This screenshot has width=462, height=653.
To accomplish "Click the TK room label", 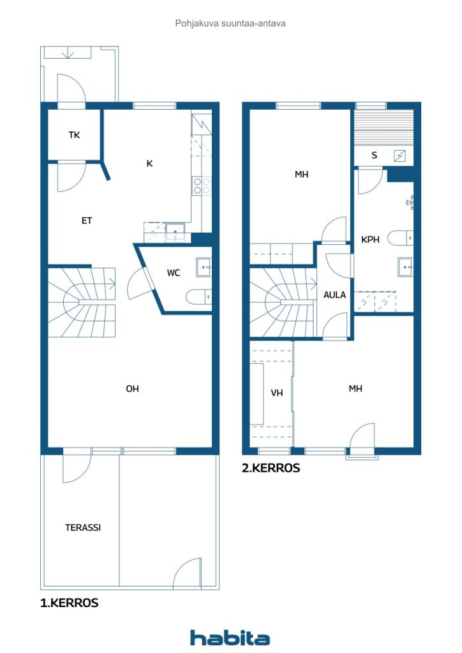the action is coord(74,135).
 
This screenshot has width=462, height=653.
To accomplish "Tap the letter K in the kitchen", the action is coord(149,163).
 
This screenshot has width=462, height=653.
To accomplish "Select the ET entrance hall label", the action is coord(87,221).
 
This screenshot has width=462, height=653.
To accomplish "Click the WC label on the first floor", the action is coord(174,273).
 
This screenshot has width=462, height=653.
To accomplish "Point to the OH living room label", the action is coord(132,388).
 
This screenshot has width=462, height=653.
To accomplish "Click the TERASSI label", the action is coord(83,527).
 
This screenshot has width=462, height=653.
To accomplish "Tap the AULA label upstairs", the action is coord(334,295).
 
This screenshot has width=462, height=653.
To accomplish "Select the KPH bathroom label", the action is coord(370,240).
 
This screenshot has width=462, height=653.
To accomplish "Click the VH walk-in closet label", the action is coord(276,393).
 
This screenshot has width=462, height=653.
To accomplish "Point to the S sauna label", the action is coord(374,156).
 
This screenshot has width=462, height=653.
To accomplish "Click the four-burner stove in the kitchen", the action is coord(201,186).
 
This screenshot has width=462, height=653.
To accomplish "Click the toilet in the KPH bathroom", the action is coord(400,238).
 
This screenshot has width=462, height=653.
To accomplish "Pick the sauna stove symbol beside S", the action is coord(400,156).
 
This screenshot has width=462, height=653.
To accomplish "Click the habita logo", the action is coord(230,637).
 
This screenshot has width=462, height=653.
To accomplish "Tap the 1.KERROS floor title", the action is coord(69,603).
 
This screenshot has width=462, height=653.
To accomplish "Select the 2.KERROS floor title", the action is coord(271,467).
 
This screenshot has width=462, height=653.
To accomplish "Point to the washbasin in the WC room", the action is coord(204,267).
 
